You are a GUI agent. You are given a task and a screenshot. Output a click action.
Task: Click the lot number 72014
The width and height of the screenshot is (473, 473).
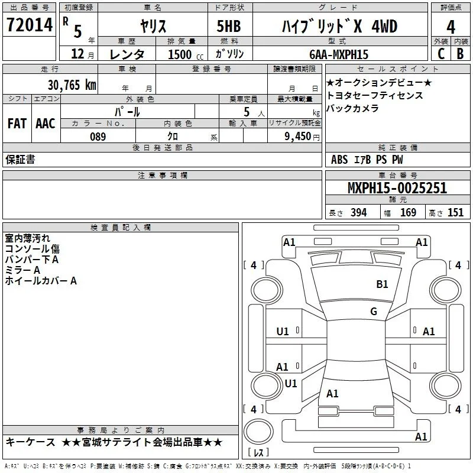point(30,25)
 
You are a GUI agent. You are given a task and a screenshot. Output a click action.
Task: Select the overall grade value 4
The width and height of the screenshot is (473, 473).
point(451,27)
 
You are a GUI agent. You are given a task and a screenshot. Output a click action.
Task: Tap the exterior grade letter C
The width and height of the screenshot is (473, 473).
point(441,54)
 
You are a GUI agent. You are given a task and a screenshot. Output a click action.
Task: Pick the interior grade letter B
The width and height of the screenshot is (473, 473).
point(460,54)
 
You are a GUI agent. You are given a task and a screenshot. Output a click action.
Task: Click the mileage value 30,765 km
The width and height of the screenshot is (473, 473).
point(72,85)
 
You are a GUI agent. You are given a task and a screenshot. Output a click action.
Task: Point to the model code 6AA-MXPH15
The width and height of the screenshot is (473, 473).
point(339,54)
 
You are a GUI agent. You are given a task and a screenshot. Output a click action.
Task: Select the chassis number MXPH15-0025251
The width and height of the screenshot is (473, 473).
point(397,188)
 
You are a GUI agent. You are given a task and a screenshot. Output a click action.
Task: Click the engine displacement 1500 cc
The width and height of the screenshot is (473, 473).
point(186,54)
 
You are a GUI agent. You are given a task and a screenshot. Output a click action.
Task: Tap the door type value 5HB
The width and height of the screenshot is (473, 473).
point(229,26)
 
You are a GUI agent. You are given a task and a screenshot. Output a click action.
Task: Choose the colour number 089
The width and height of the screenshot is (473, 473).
point(98,137)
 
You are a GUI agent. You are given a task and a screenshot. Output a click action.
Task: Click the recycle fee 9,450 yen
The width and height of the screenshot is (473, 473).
point(302,137)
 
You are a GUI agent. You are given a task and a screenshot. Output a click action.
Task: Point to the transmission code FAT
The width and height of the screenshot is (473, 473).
point(17,124)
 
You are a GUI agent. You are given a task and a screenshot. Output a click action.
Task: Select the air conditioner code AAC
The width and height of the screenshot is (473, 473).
point(46,124)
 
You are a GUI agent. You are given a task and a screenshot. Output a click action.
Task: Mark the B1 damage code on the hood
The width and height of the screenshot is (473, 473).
point(382,284)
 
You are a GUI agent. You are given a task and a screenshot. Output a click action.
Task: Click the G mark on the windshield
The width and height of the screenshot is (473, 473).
point(374,311)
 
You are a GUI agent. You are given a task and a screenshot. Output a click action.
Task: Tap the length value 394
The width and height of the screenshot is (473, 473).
point(359,213)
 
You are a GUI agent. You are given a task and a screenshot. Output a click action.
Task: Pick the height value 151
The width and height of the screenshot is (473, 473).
point(455,213)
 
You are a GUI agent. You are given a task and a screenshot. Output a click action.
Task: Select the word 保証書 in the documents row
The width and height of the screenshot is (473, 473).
point(20,160)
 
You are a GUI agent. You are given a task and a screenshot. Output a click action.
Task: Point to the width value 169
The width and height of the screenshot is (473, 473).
point(408,213)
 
